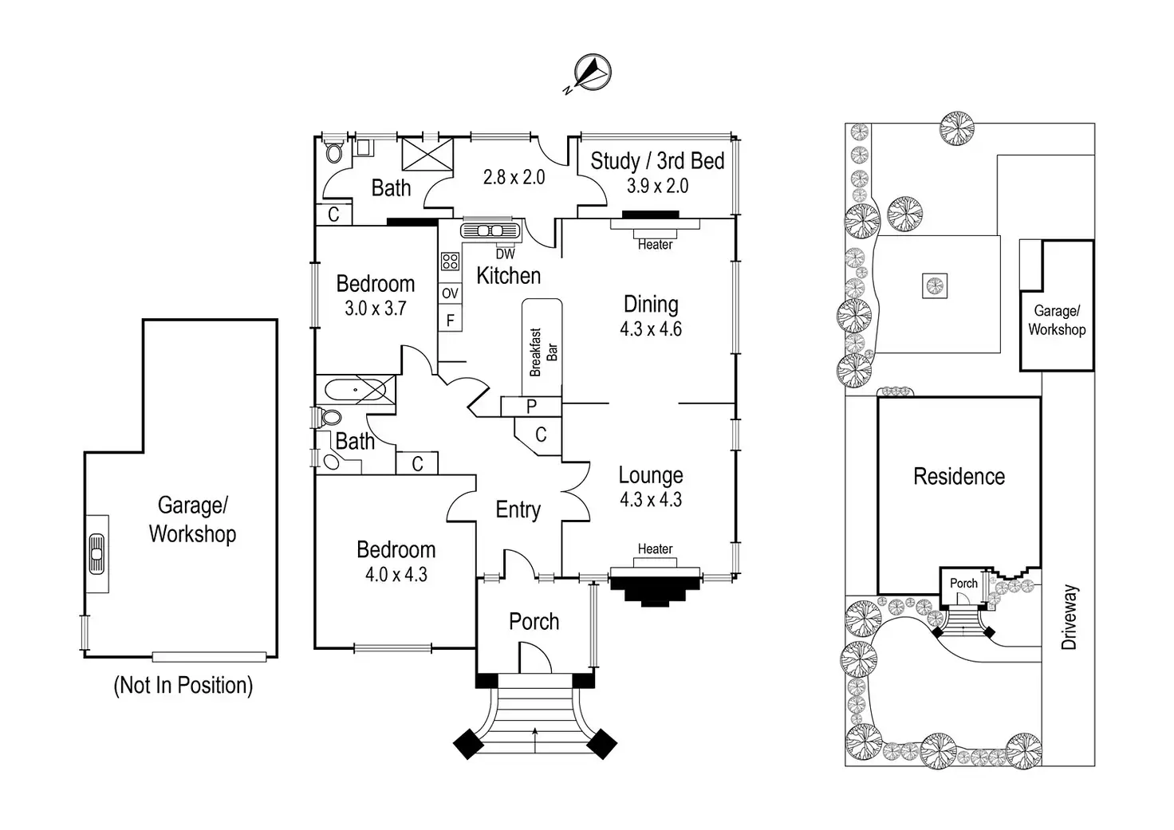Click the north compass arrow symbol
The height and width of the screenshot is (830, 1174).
(590, 73)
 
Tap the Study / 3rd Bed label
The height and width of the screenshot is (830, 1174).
(657, 161)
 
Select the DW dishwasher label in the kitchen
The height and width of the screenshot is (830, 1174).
(506, 254)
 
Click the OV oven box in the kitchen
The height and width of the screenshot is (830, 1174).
(450, 293)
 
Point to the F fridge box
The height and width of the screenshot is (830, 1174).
(450, 321)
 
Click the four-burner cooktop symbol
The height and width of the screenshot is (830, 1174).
(450, 262)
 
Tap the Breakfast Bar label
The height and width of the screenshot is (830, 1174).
(542, 352)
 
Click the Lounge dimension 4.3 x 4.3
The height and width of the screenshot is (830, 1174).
(651, 500)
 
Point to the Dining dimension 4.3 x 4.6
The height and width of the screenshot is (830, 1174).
(651, 329)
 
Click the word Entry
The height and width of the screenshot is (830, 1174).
(518, 509)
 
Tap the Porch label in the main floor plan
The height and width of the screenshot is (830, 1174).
(534, 622)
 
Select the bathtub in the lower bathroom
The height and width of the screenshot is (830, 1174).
(355, 391)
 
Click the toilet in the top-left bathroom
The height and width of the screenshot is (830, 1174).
(333, 152)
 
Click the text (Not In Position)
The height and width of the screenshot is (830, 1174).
(183, 685)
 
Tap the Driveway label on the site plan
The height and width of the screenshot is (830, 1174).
(1070, 617)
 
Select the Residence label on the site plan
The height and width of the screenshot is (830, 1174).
(959, 477)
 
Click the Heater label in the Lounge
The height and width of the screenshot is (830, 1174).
(655, 549)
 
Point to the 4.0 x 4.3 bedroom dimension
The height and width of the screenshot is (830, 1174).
(396, 574)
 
